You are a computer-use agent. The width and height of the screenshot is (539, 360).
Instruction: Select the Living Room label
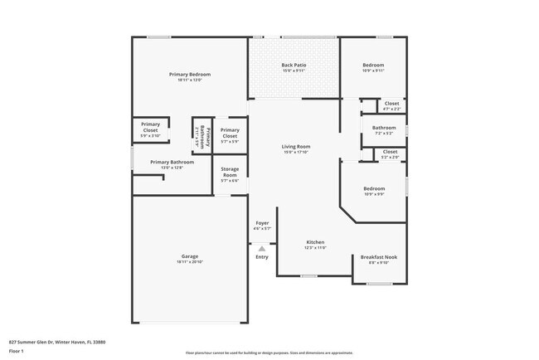(296, 147)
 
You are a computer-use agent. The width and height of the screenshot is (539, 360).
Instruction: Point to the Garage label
(190, 256)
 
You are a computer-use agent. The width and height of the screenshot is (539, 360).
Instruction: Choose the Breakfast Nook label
(377, 257)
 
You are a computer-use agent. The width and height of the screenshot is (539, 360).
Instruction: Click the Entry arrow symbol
(262, 248)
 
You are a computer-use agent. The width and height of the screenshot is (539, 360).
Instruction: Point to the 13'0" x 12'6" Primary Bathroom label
(172, 162)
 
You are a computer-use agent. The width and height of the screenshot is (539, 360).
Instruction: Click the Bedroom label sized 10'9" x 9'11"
(373, 65)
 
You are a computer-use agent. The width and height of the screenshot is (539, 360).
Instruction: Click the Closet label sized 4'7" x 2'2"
(391, 104)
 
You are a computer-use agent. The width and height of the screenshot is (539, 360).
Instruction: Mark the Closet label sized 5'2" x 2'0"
(390, 152)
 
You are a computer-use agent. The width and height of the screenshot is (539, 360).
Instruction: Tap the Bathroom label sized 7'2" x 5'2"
(384, 128)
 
